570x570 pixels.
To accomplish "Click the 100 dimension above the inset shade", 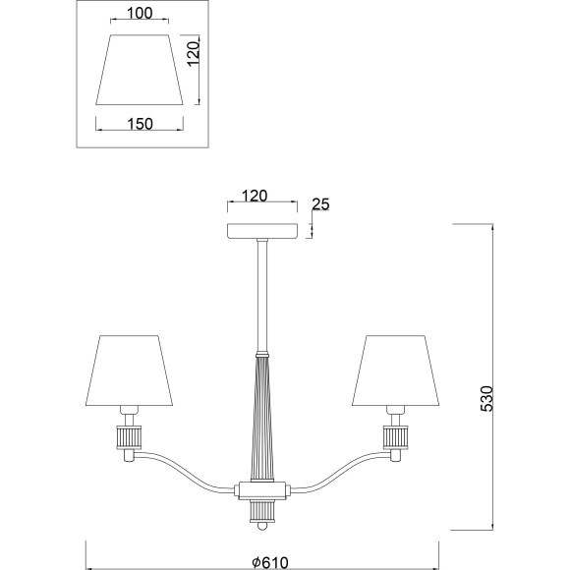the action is click(x=140, y=14).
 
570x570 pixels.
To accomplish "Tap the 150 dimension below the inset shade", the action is click(x=140, y=125).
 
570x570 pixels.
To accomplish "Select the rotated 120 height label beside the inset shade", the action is click(x=193, y=53).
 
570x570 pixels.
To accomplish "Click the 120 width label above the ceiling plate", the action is click(x=255, y=196).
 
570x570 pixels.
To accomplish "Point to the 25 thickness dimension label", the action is click(x=320, y=204).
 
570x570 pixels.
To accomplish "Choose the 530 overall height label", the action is click(x=486, y=399).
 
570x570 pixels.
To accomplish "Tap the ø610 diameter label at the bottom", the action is click(x=270, y=563).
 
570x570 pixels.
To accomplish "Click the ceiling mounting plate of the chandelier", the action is click(x=262, y=231).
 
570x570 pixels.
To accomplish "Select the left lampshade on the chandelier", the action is click(x=129, y=370).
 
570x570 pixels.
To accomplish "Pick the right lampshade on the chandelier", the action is click(x=395, y=370).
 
